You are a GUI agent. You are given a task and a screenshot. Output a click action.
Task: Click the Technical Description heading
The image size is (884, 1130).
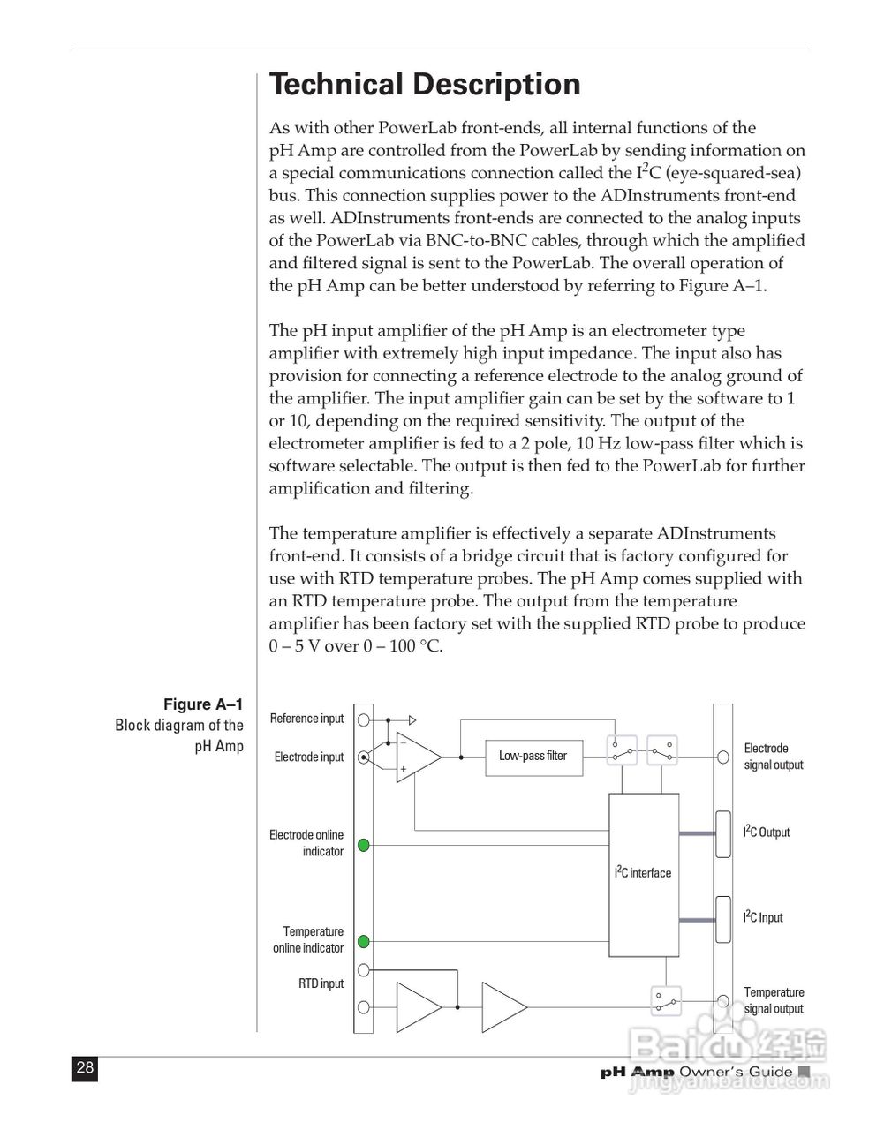[x=425, y=85]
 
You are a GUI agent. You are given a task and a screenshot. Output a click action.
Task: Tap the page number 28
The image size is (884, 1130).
[x=85, y=1068]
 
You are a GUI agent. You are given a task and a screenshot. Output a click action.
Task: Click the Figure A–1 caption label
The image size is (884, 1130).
[x=203, y=704]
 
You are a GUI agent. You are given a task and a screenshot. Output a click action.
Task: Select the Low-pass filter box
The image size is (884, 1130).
[x=534, y=757]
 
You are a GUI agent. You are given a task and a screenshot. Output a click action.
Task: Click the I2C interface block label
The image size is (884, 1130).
[x=643, y=873]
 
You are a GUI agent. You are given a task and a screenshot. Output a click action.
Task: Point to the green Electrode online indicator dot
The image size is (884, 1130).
[x=363, y=845]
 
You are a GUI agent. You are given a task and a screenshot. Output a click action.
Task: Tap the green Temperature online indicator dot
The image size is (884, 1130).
[x=363, y=942]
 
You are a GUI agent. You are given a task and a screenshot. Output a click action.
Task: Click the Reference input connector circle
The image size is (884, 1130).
[x=363, y=719]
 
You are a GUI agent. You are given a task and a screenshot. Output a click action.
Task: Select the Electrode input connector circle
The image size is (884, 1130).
[x=363, y=757]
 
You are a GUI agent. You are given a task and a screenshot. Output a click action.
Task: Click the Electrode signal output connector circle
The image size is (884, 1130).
[x=723, y=757]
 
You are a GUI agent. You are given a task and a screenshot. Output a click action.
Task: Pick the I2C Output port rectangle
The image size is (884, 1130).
[x=723, y=833]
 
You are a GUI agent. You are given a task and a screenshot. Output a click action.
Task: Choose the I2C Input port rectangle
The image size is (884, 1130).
[x=723, y=919]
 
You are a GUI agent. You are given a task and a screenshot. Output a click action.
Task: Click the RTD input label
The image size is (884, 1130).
[x=321, y=983]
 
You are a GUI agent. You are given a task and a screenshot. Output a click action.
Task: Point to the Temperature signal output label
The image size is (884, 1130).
[x=774, y=1000]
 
